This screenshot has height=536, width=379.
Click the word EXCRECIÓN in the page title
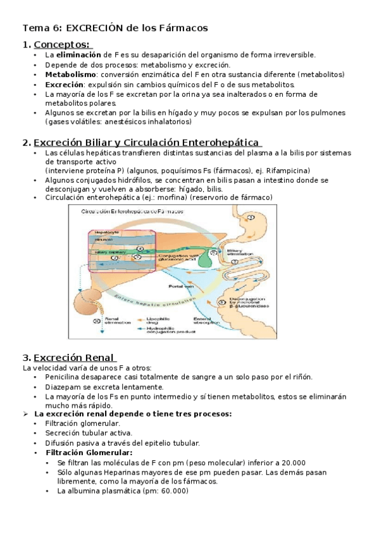point(93,28)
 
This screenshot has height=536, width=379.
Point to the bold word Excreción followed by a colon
point(65,84)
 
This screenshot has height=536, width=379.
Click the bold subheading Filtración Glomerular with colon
point(89,453)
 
